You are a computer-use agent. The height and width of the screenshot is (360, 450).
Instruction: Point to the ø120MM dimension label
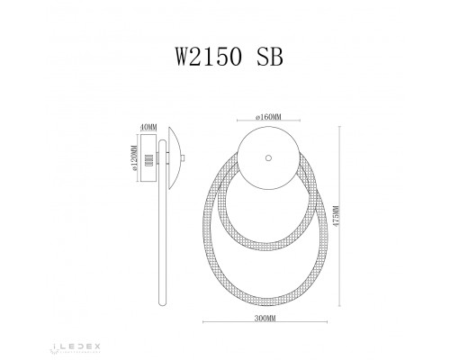(134, 163)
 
